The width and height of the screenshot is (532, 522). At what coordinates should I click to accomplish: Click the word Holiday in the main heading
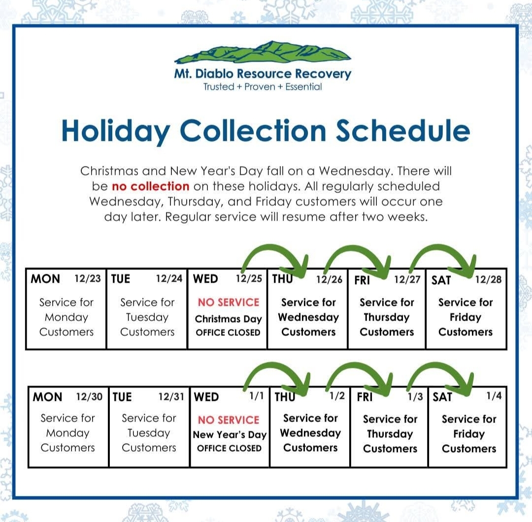(116, 131)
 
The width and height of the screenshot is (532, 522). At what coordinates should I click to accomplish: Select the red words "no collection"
(150, 186)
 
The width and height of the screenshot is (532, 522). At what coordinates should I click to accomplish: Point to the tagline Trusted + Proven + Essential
(263, 87)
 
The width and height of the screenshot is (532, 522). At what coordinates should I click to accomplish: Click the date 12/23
(88, 278)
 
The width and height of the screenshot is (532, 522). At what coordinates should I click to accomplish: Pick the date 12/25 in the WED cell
(249, 278)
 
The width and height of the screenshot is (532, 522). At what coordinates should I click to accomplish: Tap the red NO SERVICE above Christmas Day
(229, 302)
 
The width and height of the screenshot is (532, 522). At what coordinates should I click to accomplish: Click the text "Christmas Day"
(229, 319)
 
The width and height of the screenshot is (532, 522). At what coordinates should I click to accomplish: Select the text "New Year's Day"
(230, 434)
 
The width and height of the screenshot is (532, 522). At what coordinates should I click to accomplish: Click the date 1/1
(257, 396)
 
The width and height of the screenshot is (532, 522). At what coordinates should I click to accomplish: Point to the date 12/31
(171, 396)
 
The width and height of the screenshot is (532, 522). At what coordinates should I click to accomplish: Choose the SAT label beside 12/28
(441, 280)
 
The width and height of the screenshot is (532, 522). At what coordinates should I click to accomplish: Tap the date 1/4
(494, 395)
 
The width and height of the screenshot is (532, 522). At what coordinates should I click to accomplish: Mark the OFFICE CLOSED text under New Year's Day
(230, 449)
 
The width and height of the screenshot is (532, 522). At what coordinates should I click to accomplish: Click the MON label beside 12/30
(47, 397)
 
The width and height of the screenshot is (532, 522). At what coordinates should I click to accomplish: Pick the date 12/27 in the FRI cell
(407, 279)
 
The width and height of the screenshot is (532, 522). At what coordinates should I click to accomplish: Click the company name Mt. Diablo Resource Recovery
(263, 73)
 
